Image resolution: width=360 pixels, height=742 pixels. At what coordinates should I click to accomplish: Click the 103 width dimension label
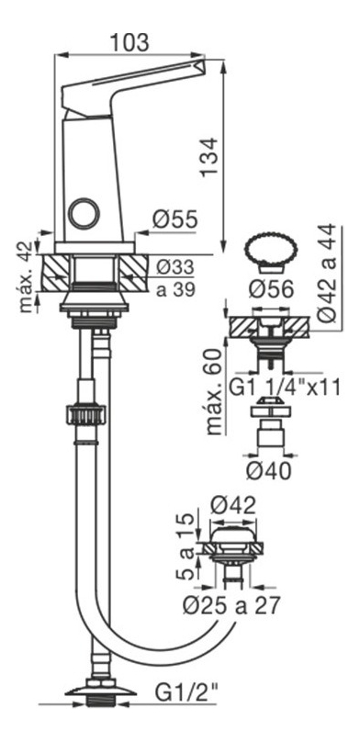pyautogui.click(x=129, y=42)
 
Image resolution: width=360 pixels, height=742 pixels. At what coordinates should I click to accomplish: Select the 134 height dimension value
pyautogui.click(x=208, y=157)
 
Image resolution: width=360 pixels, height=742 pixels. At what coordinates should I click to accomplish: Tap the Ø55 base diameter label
pyautogui.click(x=175, y=219)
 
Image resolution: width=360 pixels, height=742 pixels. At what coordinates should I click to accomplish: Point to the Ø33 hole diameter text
pyautogui.click(x=175, y=268)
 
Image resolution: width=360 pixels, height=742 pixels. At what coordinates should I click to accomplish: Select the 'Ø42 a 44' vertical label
pyautogui.click(x=327, y=274)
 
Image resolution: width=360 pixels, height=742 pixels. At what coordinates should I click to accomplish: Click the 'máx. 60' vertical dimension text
pyautogui.click(x=215, y=391)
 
